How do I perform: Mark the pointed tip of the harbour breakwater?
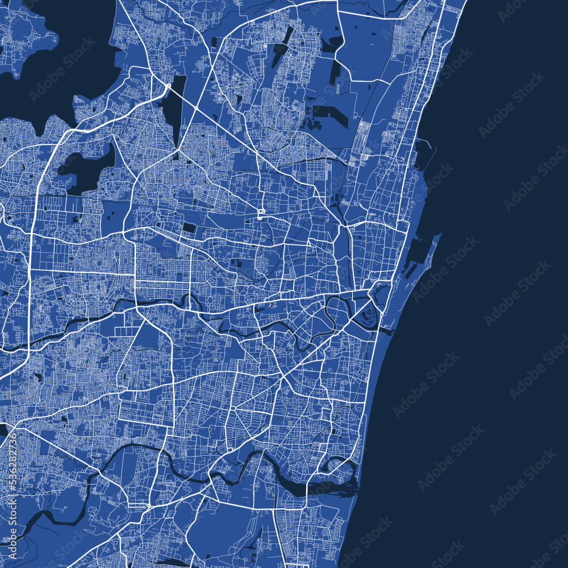click(440, 233)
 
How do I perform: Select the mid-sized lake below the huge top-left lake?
click(85, 168)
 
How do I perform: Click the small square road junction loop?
click(261, 214)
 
